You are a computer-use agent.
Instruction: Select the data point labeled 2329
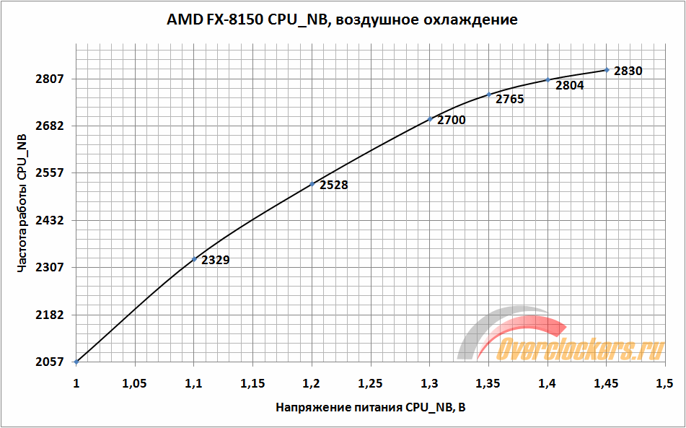pos(194,259)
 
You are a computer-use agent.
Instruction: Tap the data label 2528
pos(333,185)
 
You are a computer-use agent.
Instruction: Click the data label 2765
pos(509,99)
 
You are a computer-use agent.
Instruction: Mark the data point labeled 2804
pos(548,80)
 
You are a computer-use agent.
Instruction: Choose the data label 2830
pos(628,71)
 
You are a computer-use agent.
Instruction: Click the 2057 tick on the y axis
pos(51,362)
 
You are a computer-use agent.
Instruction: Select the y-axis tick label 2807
pos(51,79)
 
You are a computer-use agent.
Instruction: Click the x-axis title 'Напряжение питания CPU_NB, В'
pos(370,408)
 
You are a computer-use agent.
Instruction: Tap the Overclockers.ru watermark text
pos(581,349)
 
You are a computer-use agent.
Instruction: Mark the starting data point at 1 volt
pos(76,362)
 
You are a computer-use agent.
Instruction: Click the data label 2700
pos(452,120)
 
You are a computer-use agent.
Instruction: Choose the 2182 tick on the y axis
pos(51,315)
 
